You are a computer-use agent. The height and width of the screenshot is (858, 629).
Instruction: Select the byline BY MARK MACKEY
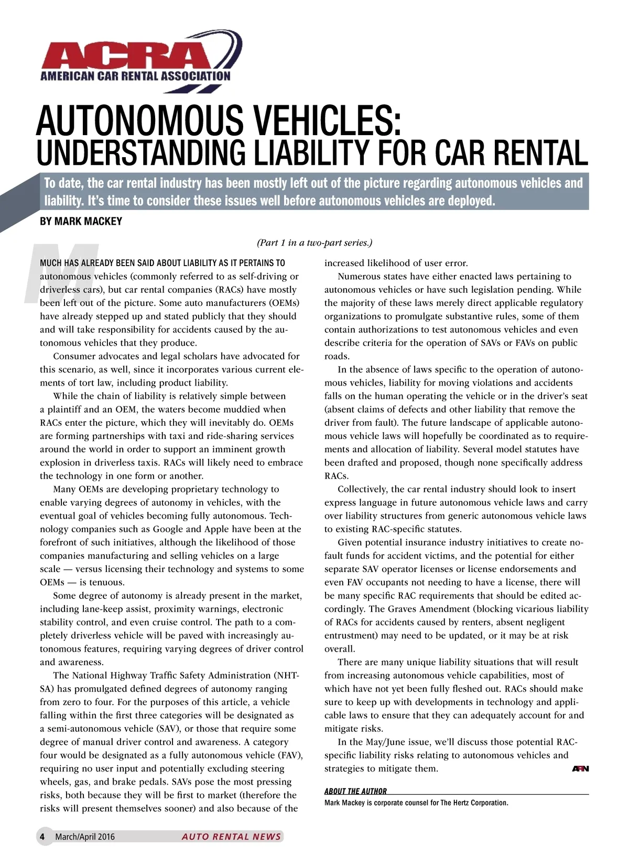pyautogui.click(x=81, y=222)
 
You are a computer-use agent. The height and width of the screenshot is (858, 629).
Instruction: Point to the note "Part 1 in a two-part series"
pyautogui.click(x=314, y=243)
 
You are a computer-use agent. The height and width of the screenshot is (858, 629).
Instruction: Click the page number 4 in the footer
pyautogui.click(x=42, y=837)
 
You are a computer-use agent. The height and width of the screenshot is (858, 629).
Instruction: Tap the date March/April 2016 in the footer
pyautogui.click(x=85, y=837)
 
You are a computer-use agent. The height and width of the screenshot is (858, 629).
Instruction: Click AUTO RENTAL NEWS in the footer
pyautogui.click(x=231, y=837)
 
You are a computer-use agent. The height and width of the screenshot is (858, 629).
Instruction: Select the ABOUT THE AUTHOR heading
pyautogui.click(x=355, y=791)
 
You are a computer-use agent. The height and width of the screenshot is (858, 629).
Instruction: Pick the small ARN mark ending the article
pyautogui.click(x=580, y=769)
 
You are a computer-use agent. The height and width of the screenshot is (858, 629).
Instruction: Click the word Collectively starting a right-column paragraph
pyautogui.click(x=363, y=489)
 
